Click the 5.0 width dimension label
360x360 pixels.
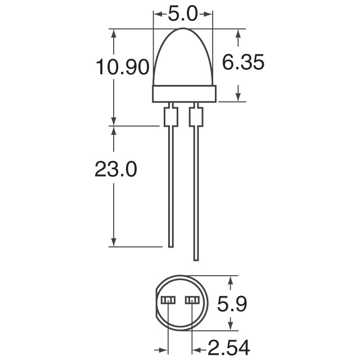click(x=183, y=13)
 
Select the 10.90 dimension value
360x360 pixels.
click(x=122, y=68)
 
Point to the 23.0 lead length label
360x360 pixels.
click(x=116, y=169)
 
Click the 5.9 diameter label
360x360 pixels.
click(x=232, y=305)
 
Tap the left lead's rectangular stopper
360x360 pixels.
click(x=170, y=117)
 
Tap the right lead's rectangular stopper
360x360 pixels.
click(x=196, y=117)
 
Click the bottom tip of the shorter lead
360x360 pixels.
click(x=170, y=245)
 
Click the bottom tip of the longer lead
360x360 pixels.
click(x=196, y=259)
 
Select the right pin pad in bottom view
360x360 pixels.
click(x=192, y=300)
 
